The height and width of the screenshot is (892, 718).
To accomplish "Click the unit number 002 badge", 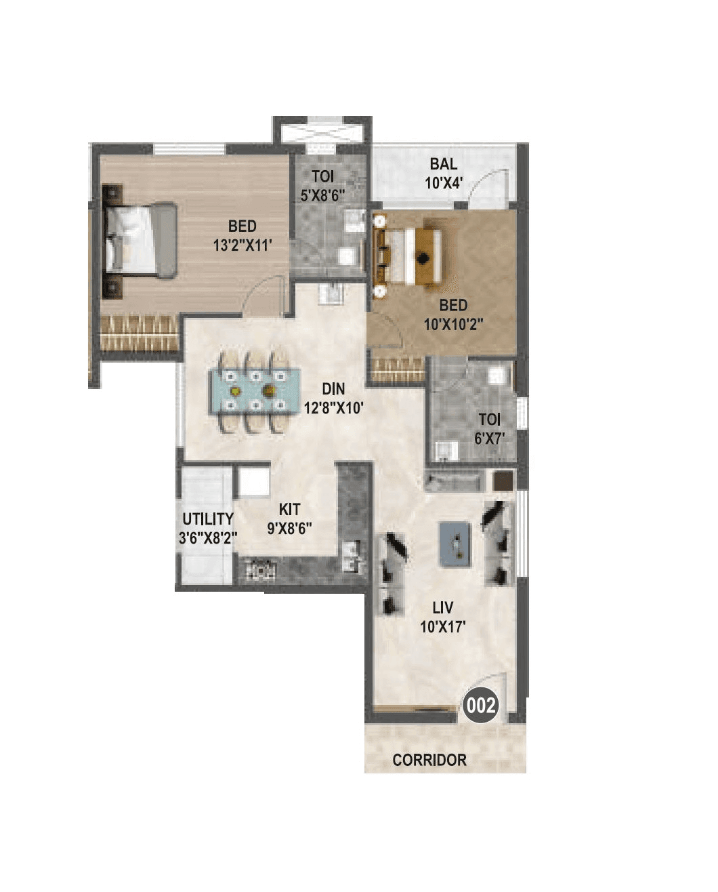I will click(x=481, y=706).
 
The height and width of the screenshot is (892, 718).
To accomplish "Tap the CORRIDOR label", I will click(x=429, y=760).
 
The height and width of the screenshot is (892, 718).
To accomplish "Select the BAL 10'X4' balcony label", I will click(x=443, y=173).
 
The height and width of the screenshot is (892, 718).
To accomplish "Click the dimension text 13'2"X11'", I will click(x=242, y=245).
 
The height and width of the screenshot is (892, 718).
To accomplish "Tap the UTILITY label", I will click(x=208, y=519).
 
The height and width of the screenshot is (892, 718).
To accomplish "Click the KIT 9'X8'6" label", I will click(x=289, y=519).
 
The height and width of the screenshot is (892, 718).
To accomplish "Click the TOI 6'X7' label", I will click(x=488, y=428).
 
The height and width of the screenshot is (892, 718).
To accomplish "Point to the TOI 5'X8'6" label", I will click(x=323, y=186).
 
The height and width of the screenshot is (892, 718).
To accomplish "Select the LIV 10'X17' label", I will click(x=442, y=617).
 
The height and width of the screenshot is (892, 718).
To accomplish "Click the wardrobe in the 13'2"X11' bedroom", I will click(x=140, y=333).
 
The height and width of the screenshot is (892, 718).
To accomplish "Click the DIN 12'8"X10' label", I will click(x=333, y=398).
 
